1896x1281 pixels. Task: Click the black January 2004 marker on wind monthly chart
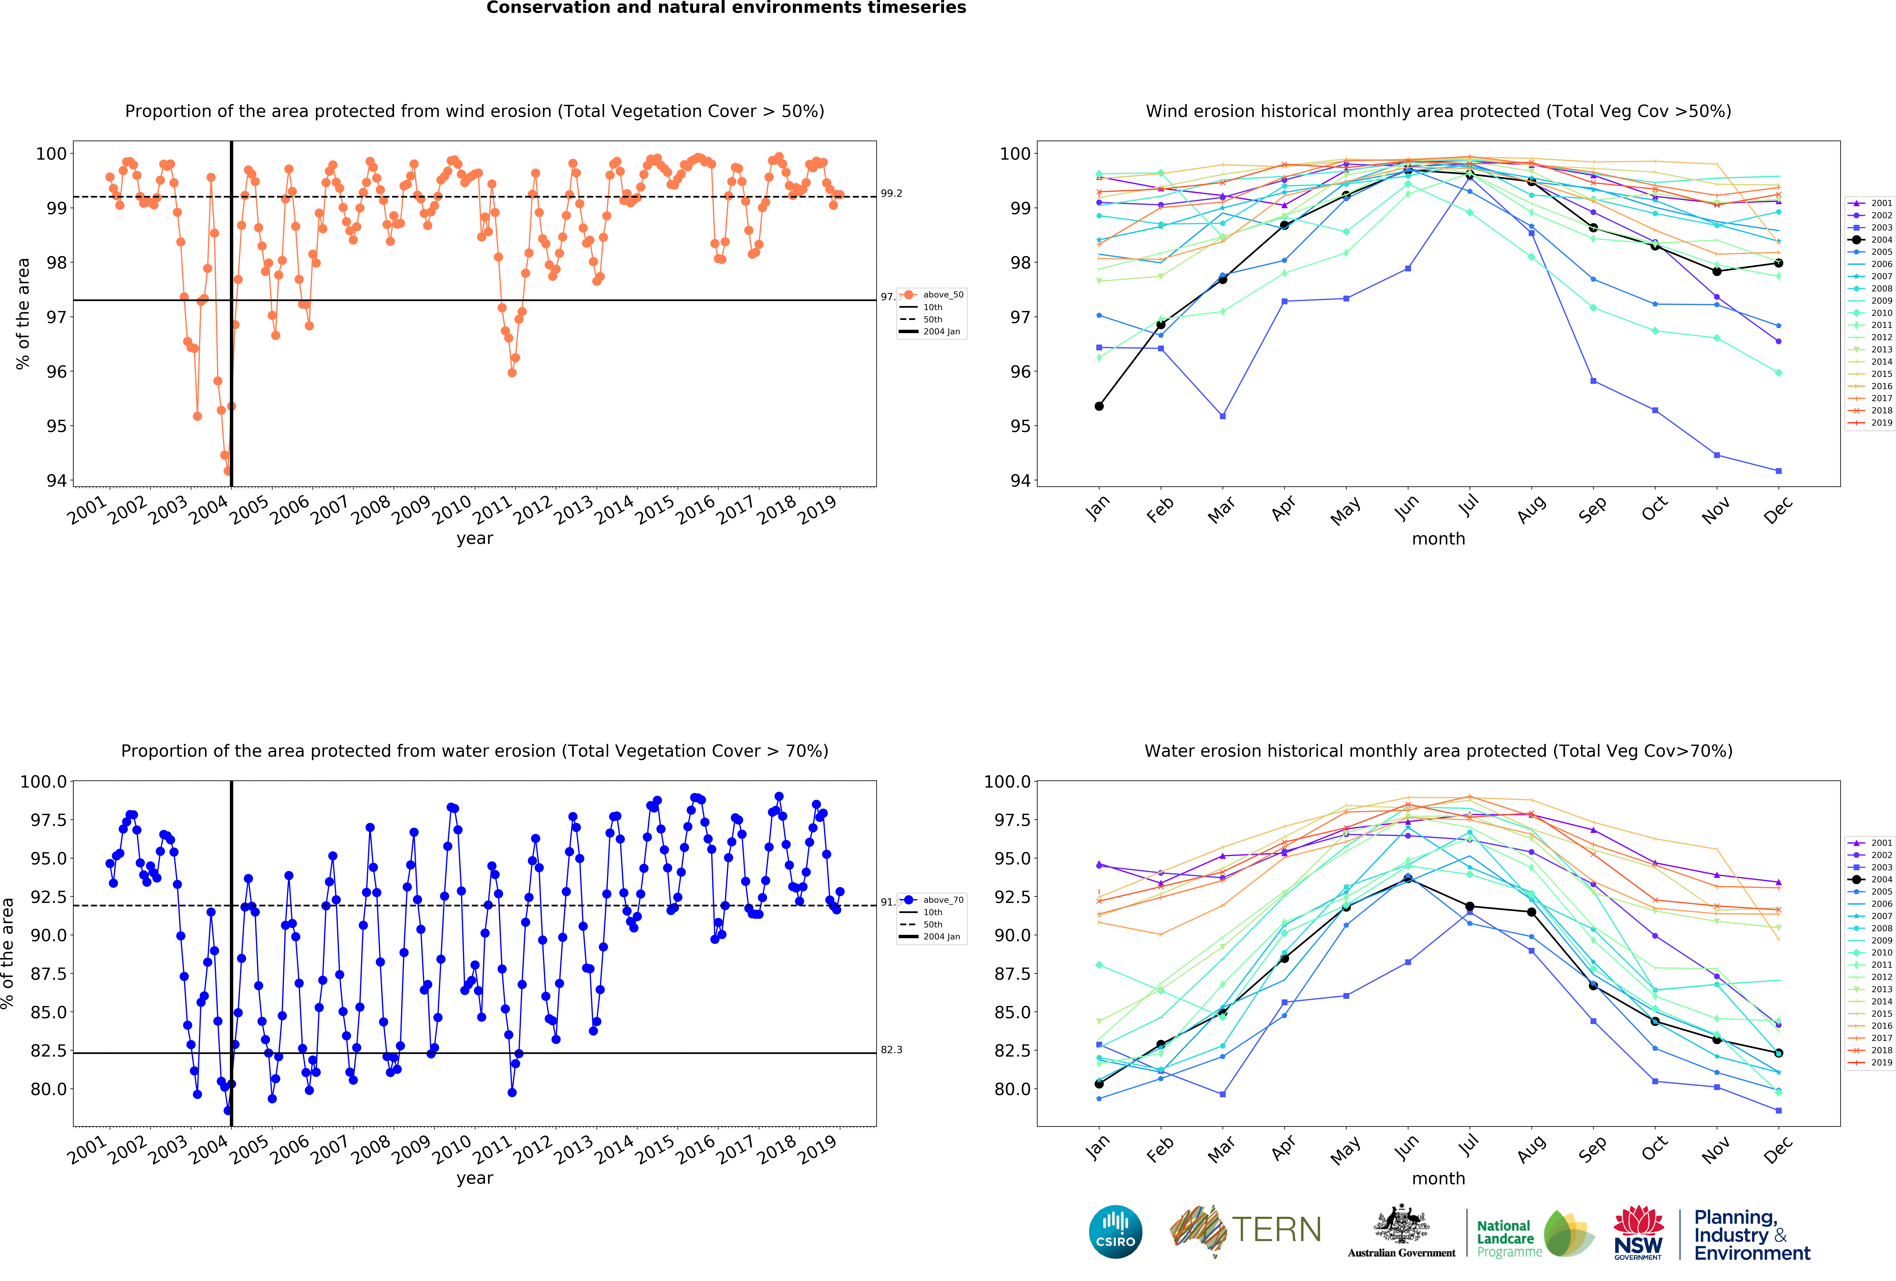pos(1099,406)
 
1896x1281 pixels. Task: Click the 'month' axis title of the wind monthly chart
pos(1438,539)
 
